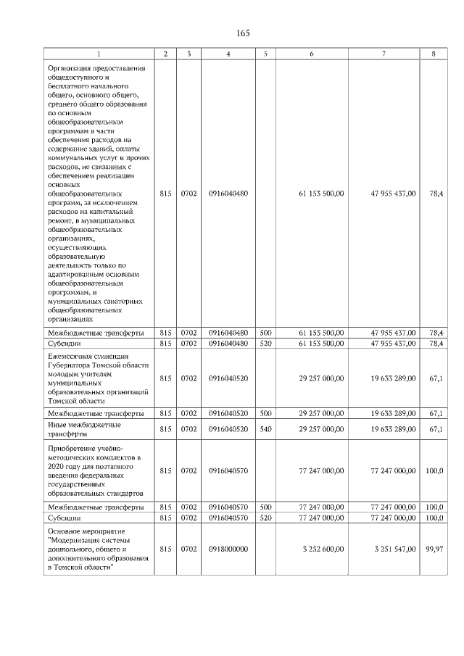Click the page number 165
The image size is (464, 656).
(242, 33)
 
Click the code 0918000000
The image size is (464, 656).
(228, 550)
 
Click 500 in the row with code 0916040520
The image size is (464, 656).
(265, 413)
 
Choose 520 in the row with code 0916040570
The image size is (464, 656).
(265, 518)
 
